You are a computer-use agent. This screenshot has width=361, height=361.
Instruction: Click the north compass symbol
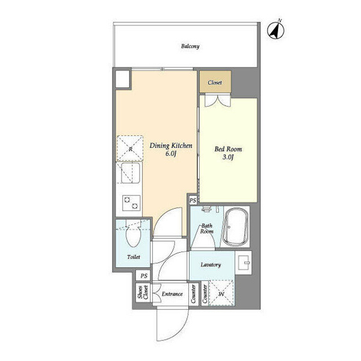pos(276,30)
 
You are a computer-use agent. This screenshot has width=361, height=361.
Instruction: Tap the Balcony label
pos(190,46)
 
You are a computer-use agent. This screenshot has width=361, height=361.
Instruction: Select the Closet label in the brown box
pos(215,82)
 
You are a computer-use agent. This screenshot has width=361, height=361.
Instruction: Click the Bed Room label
pos(228,149)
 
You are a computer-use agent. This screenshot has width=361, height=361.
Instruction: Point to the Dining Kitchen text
pos(171,146)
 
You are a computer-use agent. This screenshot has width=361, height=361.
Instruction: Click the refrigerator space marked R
pos(130,149)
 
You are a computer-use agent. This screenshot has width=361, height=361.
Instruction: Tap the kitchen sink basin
pos(131,173)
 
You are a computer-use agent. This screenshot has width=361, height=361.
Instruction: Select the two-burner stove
pos(131,203)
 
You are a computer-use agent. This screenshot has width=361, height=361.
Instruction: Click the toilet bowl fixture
pos(133,233)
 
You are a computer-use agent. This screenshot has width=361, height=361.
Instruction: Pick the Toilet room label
pos(134,257)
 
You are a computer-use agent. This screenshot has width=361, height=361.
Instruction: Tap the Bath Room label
pos(206,229)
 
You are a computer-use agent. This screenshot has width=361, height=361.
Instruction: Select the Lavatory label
pos(211,265)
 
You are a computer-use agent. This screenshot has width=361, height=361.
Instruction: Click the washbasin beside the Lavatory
pos(244,263)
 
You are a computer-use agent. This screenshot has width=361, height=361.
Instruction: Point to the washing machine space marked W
pos(221,294)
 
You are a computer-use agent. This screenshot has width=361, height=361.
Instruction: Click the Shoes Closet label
pos(143,292)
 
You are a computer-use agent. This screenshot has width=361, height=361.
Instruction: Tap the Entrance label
pos(172,294)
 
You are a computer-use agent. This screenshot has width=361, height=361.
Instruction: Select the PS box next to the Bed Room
pos(193,200)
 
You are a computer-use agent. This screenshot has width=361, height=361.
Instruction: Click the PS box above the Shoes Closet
pos(144,276)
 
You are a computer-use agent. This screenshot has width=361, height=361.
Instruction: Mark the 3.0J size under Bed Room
pos(228,158)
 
